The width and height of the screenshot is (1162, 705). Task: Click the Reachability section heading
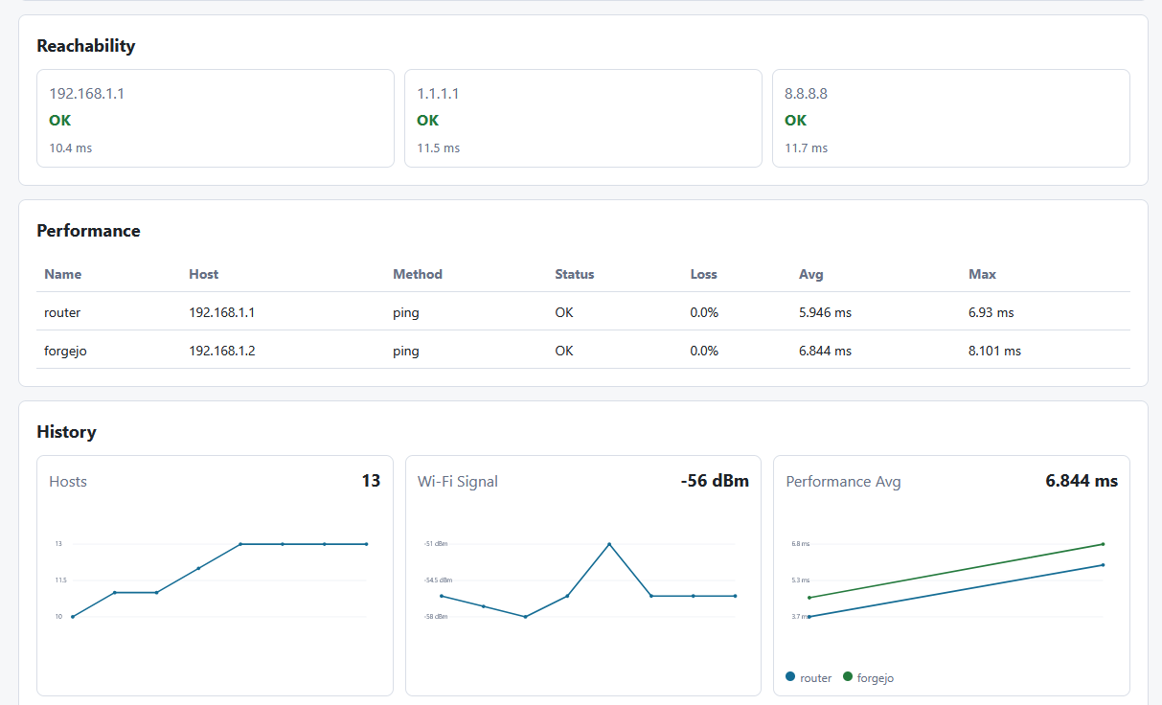click(85, 46)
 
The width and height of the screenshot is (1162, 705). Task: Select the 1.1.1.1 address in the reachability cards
click(438, 93)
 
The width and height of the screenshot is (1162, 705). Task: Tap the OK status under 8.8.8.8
click(795, 121)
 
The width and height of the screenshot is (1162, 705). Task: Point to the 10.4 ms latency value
click(71, 148)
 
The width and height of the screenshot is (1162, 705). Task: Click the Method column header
click(418, 274)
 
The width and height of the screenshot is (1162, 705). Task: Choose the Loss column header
click(703, 274)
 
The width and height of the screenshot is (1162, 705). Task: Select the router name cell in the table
click(62, 312)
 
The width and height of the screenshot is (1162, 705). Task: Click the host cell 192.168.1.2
click(222, 351)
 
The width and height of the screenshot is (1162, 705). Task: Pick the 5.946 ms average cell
click(825, 312)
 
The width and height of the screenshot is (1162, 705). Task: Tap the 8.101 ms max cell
click(994, 351)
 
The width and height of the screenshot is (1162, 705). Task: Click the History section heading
click(66, 432)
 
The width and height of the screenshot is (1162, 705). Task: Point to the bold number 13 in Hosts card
click(371, 481)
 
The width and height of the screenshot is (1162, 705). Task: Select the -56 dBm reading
click(715, 481)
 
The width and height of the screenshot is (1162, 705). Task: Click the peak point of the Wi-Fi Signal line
click(609, 544)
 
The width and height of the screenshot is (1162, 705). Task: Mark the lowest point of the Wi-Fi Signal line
click(526, 617)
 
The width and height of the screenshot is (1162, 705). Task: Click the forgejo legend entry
click(869, 677)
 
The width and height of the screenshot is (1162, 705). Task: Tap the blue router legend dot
click(790, 676)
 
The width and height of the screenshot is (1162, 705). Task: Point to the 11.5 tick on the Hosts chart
click(60, 580)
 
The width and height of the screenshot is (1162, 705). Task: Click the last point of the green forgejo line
click(1103, 544)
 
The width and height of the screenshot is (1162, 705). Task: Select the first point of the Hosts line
click(73, 617)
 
